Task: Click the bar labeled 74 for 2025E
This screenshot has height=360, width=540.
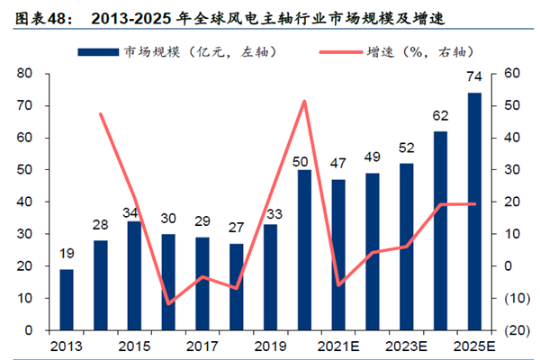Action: point(474,211)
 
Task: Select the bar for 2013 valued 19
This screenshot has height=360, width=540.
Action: point(67,300)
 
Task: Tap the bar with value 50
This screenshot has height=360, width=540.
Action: point(305,249)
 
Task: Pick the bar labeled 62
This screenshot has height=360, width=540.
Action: point(440,230)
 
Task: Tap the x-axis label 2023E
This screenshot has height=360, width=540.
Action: point(406,345)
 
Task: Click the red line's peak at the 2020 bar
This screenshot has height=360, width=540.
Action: point(304,101)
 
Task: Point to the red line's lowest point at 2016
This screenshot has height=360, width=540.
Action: point(168,303)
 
